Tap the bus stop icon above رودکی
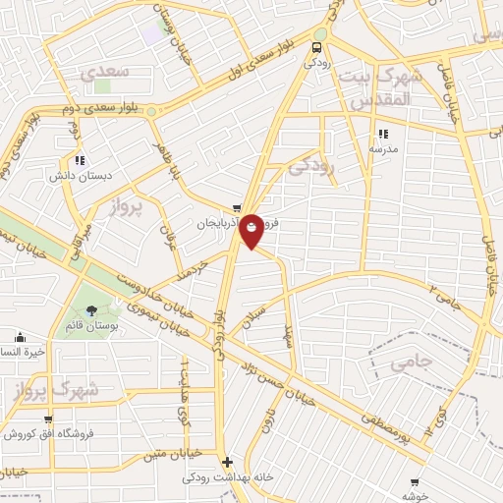click(317, 46)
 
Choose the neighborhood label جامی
click(411, 363)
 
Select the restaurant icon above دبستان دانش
click(80, 160)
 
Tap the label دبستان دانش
click(84, 178)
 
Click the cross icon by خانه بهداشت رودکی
click(227, 461)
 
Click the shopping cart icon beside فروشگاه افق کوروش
click(47, 419)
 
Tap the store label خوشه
click(414, 496)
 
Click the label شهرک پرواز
click(59, 390)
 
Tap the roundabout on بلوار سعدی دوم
click(152, 112)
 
